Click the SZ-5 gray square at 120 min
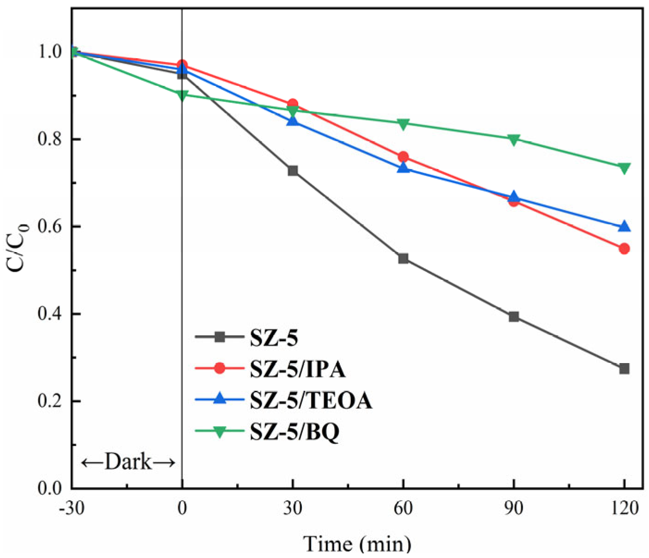point(624,369)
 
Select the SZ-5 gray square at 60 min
point(403,259)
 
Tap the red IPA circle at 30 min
point(293,104)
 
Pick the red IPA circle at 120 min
point(624,249)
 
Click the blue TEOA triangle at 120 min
point(624,226)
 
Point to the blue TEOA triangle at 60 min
point(403,168)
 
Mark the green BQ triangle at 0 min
point(182,95)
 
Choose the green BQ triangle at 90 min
point(514,139)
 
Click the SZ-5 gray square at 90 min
point(514,317)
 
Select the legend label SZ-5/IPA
point(298,369)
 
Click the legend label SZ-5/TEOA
point(311,400)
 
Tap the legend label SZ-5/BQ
point(295,431)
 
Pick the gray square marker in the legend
point(220,337)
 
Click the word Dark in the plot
point(128,462)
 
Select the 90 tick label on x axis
point(514,508)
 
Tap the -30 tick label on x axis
point(72,508)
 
